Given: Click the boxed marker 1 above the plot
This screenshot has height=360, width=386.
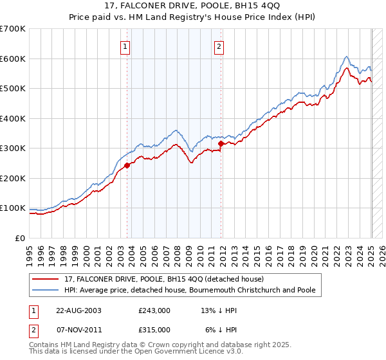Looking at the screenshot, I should click(x=125, y=46).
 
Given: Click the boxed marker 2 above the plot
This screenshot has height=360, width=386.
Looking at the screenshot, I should click(x=219, y=46).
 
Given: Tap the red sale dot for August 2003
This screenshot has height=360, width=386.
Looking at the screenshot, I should click(x=127, y=165).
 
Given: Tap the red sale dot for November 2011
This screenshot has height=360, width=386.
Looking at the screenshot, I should click(x=221, y=144).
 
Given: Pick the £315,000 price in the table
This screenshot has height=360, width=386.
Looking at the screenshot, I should click(x=154, y=329).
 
